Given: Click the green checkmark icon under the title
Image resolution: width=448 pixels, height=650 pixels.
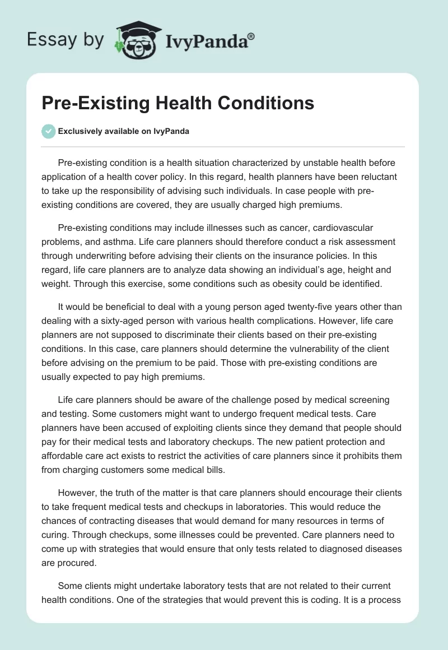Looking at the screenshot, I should pyautogui.click(x=48, y=131).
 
